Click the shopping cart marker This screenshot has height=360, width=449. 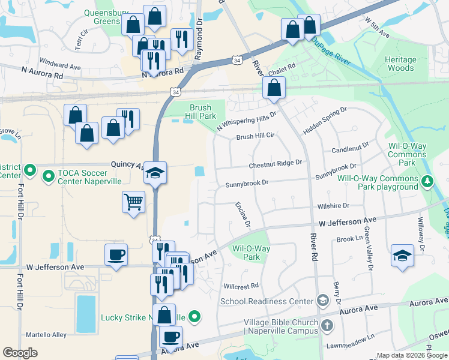pyautogui.click(x=133, y=201)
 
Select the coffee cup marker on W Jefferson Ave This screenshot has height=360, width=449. pyautogui.click(x=116, y=254)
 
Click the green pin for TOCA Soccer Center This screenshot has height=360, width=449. pyautogui.click(x=49, y=175)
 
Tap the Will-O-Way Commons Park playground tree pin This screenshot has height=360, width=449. pyautogui.click(x=427, y=180)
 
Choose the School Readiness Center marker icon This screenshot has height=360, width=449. pyautogui.click(x=322, y=301)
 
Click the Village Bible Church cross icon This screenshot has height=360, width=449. pyautogui.click(x=327, y=326)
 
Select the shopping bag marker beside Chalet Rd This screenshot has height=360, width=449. pyautogui.click(x=274, y=88)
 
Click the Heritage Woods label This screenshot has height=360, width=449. pyautogui.click(x=400, y=64)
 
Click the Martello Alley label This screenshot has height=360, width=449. pyautogui.click(x=46, y=334)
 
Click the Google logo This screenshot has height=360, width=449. pyautogui.click(x=20, y=352)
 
